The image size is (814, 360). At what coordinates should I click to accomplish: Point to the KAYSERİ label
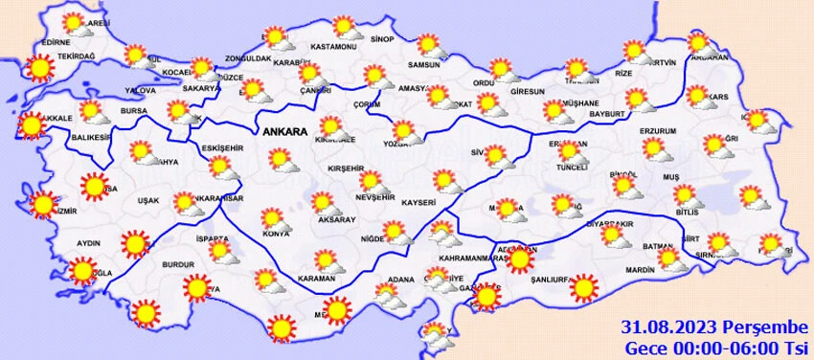[x=419, y=203]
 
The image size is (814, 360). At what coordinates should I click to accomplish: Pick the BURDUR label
[x=178, y=263]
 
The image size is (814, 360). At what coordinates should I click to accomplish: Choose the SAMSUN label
[x=423, y=65]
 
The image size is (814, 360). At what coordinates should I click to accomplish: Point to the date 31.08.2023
[x=662, y=326]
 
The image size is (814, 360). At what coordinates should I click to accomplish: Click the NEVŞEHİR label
[x=374, y=196]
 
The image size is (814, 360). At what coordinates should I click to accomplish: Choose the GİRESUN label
[x=527, y=92]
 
